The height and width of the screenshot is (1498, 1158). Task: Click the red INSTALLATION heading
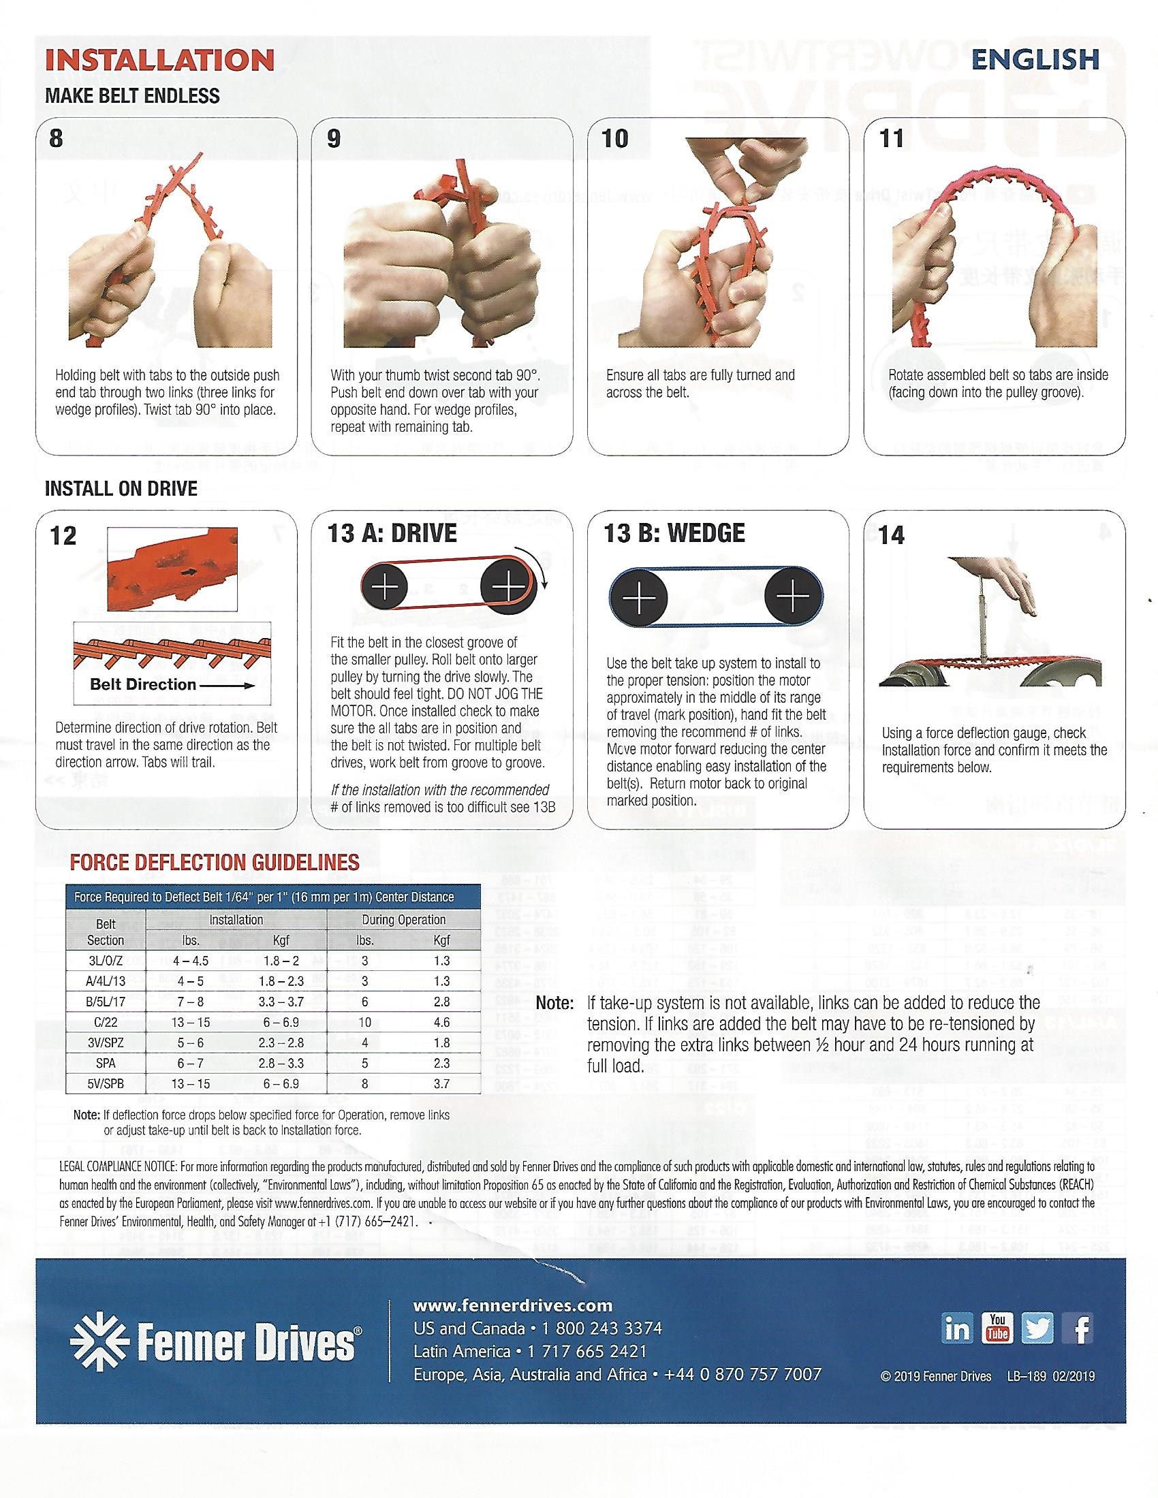tap(159, 61)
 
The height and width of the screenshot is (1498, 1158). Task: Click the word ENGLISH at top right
tap(1035, 60)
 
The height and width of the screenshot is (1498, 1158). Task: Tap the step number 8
tap(57, 138)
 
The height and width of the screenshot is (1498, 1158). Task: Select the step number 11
tap(891, 138)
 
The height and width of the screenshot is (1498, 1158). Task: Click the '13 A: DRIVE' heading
tap(392, 533)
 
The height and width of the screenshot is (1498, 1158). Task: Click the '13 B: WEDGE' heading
tap(674, 533)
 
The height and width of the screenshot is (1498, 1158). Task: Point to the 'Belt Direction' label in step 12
tap(143, 684)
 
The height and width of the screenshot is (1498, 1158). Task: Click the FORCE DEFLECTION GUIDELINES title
tap(215, 862)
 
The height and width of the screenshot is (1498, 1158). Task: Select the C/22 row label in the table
tap(106, 1022)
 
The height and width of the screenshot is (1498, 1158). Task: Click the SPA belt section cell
tap(106, 1063)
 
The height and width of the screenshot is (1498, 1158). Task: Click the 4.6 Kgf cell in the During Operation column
tap(442, 1022)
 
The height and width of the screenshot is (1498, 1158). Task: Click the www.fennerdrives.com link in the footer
tap(513, 1305)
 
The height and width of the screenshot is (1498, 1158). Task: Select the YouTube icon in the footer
tap(997, 1328)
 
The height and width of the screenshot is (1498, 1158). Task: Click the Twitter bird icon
tap(1037, 1328)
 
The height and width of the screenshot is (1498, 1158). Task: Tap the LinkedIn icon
tap(958, 1328)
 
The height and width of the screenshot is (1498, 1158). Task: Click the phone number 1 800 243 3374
tap(601, 1328)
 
